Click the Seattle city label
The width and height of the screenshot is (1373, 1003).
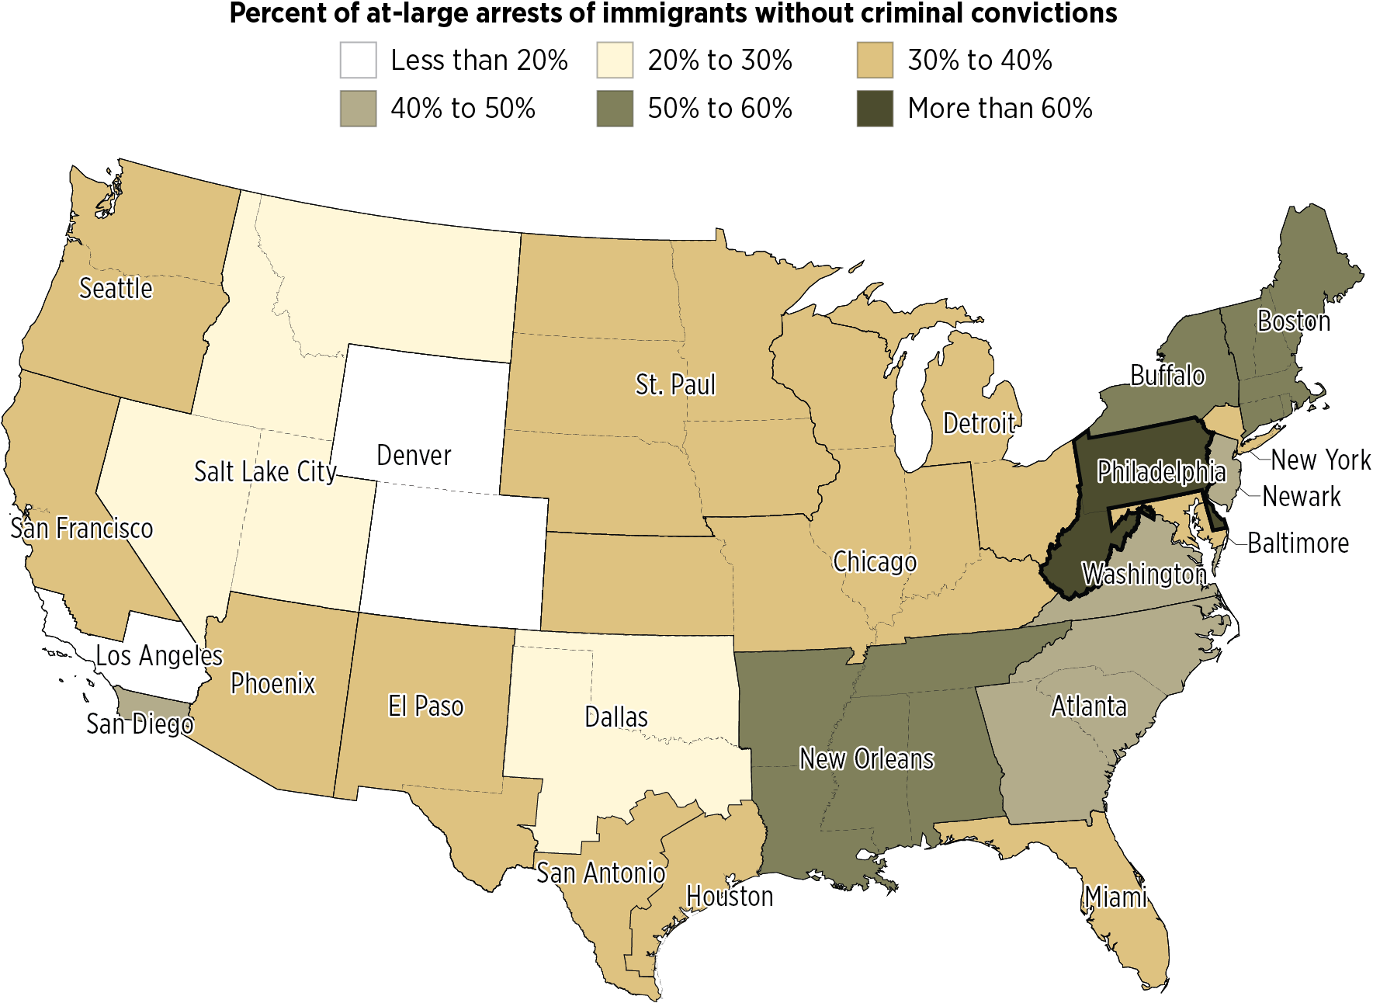116,289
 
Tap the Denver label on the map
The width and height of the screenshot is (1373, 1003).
414,456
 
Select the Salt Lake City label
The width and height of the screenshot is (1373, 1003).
265,471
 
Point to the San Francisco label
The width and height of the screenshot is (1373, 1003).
81,529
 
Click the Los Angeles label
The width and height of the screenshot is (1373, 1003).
159,656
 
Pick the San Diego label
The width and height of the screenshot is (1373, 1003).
140,724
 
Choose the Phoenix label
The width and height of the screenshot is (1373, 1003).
273,684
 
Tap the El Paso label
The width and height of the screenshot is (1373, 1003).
425,706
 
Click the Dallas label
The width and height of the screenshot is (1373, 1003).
616,717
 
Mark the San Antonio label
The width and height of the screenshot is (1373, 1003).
601,873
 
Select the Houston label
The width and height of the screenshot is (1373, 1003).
730,897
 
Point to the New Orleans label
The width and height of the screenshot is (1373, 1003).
867,759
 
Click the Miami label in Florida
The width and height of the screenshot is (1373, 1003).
1116,897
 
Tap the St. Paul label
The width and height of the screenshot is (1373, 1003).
675,385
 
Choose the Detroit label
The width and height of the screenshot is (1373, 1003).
979,424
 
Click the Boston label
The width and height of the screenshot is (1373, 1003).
1295,321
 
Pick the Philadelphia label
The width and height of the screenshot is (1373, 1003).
1161,472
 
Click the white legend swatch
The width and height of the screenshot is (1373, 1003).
358,61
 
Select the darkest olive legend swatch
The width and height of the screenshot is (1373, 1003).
875,109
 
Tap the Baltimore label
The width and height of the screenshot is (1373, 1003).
1298,543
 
